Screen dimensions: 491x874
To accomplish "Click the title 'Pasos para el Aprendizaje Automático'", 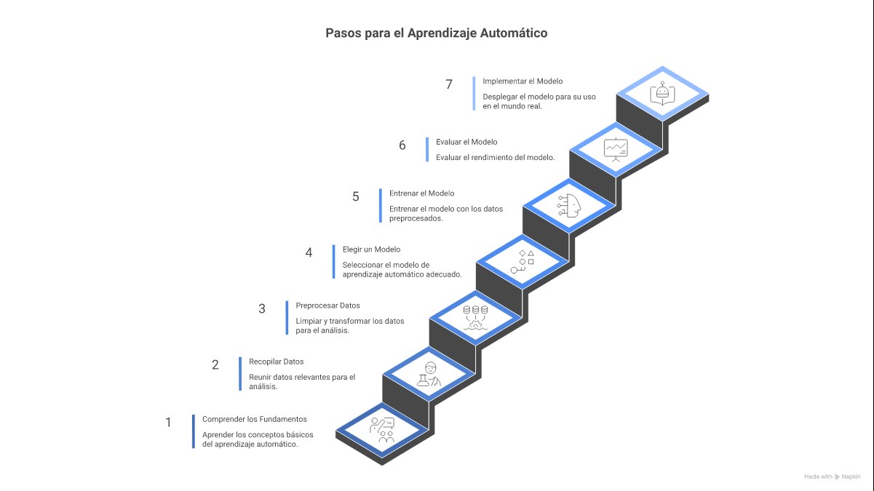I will point(436,33).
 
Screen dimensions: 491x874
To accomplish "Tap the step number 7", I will point(449,84).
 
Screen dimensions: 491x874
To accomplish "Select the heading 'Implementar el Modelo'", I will point(523,81).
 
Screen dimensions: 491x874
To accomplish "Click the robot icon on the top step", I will point(662,93).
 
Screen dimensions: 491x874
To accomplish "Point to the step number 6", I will point(402,145).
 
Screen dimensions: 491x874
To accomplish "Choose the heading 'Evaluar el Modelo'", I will point(466,142).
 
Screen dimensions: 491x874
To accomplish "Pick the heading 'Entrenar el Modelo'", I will point(421,193).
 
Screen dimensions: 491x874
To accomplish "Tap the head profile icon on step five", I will point(569,205).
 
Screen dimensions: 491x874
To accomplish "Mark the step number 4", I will point(309,253).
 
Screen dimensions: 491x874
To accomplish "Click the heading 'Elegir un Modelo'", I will point(371,250).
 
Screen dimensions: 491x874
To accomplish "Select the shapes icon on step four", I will point(523,261).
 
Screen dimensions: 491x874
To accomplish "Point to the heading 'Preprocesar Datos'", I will point(327,306).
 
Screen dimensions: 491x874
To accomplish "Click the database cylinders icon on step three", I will point(476,316).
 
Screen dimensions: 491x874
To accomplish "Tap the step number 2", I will point(215,365).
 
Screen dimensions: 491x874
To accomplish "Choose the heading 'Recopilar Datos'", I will point(276,362).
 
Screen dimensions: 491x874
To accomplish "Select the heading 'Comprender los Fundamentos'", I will point(254,419).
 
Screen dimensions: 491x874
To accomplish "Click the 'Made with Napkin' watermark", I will point(831,476).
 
